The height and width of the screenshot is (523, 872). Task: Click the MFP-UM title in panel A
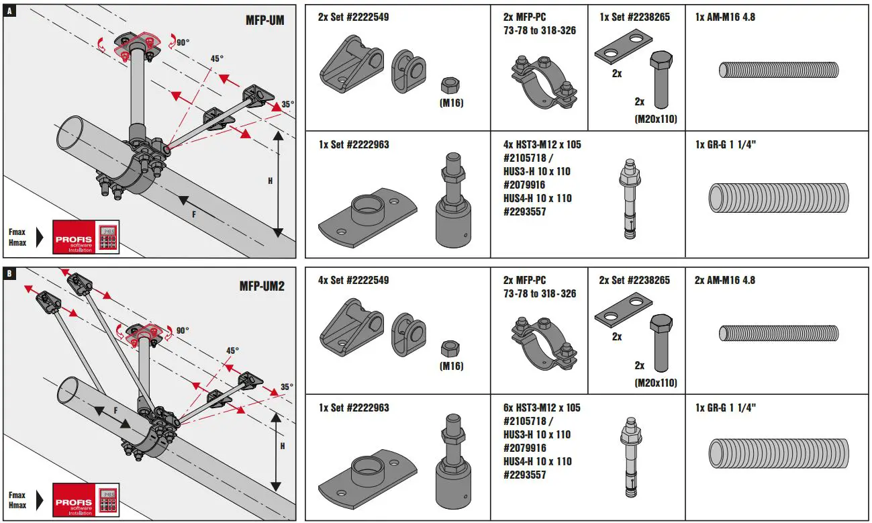(x=264, y=20)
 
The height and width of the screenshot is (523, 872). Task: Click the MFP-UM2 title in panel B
(x=262, y=286)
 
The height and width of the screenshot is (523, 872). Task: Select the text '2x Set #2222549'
(x=353, y=17)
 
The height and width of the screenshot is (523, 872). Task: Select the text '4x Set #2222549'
(x=353, y=280)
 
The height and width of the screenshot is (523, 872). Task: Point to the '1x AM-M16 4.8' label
(x=725, y=17)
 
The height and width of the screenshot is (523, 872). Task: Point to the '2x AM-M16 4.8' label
(x=725, y=280)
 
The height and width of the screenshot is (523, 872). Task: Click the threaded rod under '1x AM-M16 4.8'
(x=779, y=69)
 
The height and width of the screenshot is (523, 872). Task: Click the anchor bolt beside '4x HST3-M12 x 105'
(x=629, y=201)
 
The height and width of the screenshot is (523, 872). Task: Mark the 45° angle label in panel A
(x=215, y=58)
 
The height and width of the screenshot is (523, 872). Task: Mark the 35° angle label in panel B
(x=287, y=387)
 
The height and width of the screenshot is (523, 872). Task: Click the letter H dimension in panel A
(x=270, y=181)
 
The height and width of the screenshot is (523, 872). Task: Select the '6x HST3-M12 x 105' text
(x=542, y=408)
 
